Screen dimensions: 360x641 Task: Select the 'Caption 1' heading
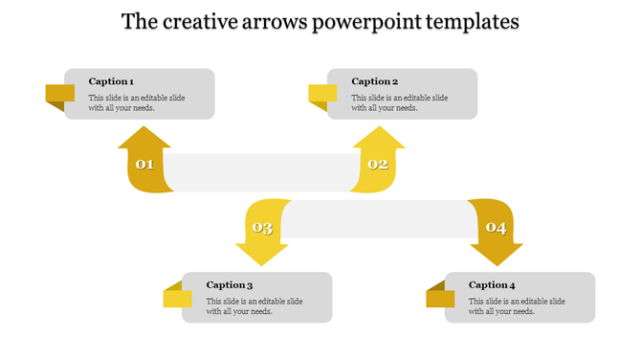click(x=111, y=81)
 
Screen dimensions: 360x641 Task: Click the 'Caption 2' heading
click(x=374, y=81)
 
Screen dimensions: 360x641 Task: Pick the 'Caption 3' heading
click(x=230, y=284)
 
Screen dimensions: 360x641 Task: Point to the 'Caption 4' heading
click(x=492, y=284)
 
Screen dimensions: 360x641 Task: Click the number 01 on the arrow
click(x=144, y=165)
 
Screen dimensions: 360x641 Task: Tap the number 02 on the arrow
click(x=378, y=165)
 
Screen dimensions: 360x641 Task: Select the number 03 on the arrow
click(x=261, y=228)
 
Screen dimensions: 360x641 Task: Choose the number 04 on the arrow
click(x=496, y=228)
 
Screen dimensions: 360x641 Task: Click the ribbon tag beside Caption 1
click(x=60, y=94)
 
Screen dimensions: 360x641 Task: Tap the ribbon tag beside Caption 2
click(x=322, y=94)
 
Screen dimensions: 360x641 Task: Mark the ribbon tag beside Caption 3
click(x=178, y=297)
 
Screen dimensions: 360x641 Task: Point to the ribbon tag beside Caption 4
click(x=440, y=297)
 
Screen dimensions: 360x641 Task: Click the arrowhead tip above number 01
click(x=144, y=130)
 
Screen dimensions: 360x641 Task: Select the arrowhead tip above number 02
click(x=379, y=130)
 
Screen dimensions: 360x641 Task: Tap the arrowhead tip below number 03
click(x=262, y=262)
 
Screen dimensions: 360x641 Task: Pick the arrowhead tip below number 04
click(x=497, y=262)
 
